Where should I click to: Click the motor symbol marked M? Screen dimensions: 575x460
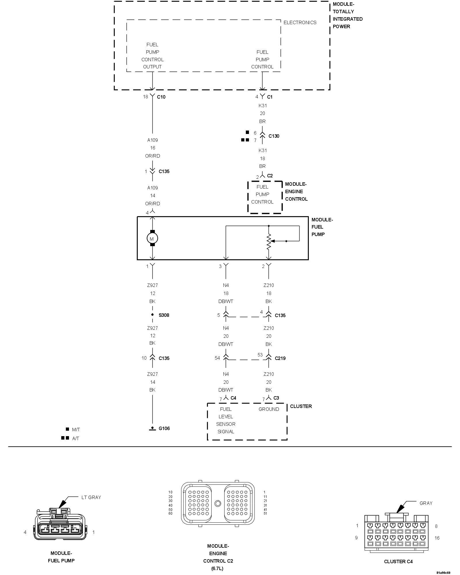pos(152,239)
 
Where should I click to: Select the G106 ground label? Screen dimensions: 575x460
pos(164,428)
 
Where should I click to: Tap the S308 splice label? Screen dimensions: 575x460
pos(164,315)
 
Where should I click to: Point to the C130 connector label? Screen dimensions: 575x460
pos(274,136)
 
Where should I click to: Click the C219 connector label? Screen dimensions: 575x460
pos(280,358)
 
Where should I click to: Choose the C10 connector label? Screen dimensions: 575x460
pos(161,97)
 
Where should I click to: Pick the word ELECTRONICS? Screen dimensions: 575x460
pos(300,22)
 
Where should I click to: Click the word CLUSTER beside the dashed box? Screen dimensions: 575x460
pos(301,406)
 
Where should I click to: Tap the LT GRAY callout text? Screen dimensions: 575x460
pos(91,497)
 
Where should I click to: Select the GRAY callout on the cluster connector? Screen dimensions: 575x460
pos(426,503)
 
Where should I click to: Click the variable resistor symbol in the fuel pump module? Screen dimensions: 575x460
pos(269,241)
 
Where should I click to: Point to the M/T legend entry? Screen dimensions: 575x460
pos(76,430)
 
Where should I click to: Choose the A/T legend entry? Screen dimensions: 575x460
pos(76,438)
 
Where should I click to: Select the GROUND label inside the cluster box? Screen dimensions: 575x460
pos(269,409)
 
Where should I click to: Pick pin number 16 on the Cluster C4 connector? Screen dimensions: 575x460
pos(437,538)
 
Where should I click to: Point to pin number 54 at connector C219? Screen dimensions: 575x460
pos(217,358)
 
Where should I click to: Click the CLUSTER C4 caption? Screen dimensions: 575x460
pos(398,561)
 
